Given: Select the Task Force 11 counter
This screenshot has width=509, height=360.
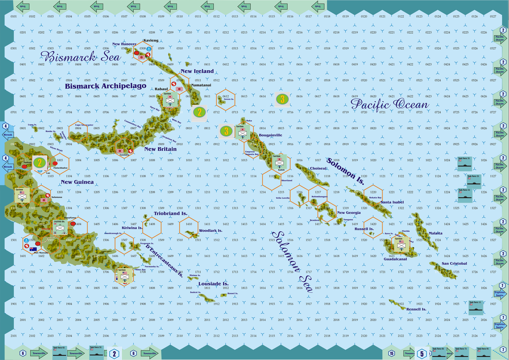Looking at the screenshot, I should click(x=477, y=308).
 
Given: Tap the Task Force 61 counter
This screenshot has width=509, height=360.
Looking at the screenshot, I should click(x=59, y=352).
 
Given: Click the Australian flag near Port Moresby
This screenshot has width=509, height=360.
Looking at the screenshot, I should click(x=33, y=248).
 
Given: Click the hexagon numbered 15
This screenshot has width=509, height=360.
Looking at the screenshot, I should click(x=392, y=353).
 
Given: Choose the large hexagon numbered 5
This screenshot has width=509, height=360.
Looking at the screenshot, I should click(x=422, y=354).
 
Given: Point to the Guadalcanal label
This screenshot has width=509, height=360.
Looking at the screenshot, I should click(x=395, y=259).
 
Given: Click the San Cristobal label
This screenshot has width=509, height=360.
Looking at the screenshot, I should click(x=454, y=263).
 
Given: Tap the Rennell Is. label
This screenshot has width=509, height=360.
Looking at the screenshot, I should click(x=416, y=310).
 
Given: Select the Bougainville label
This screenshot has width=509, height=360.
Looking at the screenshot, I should click(x=270, y=135).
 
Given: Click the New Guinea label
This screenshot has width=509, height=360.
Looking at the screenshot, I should click(x=77, y=182).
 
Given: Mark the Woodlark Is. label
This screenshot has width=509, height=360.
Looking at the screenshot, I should click(x=211, y=231).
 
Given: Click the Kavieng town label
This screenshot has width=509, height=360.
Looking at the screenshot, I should click(x=151, y=40).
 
